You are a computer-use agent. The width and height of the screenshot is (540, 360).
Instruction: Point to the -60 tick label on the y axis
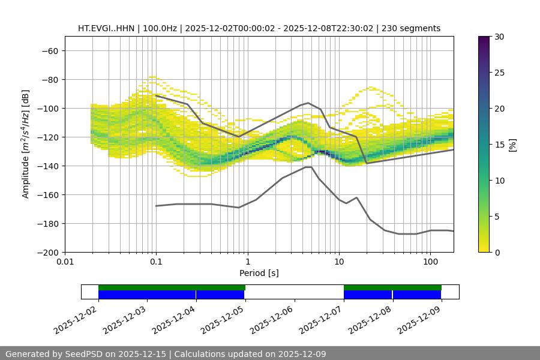(50, 51)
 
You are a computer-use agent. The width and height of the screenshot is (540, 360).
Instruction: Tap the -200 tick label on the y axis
(47, 253)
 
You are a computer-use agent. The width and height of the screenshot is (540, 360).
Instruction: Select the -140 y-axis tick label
(47, 166)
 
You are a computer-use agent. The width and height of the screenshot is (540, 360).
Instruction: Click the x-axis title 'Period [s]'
(259, 273)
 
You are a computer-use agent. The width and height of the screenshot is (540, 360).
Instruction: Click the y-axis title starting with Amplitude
(26, 145)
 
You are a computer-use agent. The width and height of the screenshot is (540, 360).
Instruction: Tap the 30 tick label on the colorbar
(499, 37)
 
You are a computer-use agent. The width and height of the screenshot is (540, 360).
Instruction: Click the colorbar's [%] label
(512, 145)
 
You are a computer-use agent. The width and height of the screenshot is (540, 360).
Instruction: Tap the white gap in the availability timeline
(294, 292)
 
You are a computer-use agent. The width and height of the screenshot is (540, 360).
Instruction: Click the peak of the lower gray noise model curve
(308, 167)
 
